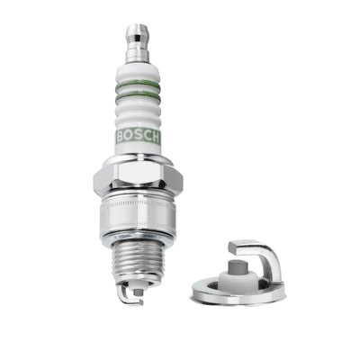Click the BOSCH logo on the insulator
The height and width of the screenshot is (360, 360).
click(139, 137)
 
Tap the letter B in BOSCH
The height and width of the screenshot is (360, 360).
click(120, 137)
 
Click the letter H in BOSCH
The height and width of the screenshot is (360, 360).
click(155, 138)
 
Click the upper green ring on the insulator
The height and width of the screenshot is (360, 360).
click(138, 85)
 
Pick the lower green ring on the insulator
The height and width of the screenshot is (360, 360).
click(138, 95)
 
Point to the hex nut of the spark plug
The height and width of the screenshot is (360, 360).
click(138, 177)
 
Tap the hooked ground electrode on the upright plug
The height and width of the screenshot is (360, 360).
click(127, 295)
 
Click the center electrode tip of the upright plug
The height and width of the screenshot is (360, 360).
click(138, 292)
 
